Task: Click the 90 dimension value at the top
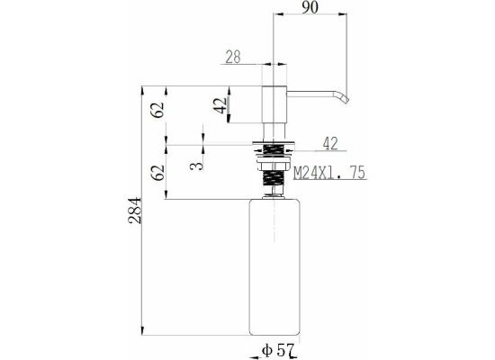(x=310, y=7)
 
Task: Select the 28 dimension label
(x=233, y=58)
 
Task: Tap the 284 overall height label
(x=135, y=211)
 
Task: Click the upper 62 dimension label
(x=157, y=110)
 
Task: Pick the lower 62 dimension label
(x=157, y=173)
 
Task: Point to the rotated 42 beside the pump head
(x=220, y=105)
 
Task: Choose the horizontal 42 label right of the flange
(x=330, y=143)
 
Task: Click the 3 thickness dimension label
(x=196, y=166)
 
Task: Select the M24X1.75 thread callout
(x=329, y=172)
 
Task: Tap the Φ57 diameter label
(x=278, y=350)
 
